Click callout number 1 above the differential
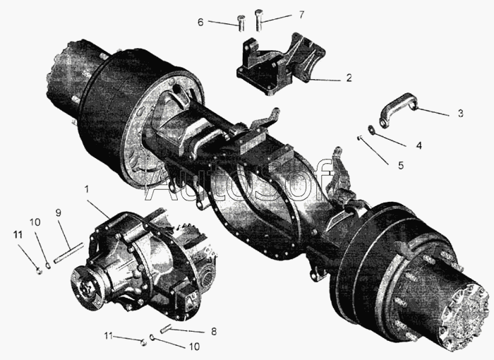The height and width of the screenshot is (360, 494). click(x=86, y=189)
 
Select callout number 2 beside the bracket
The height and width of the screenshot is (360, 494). click(x=349, y=78)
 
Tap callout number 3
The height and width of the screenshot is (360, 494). click(x=460, y=113)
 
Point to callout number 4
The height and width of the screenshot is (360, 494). click(x=418, y=145)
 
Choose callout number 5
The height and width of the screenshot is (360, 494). click(x=401, y=165)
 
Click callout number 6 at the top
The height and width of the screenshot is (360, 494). click(x=200, y=23)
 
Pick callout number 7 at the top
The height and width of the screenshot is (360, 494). click(x=301, y=15)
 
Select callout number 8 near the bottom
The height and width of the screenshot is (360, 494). click(x=214, y=331)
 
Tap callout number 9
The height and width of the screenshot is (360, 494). click(x=59, y=212)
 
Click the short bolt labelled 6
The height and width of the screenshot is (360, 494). click(x=241, y=23)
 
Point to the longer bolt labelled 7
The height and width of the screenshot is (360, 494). click(x=258, y=20)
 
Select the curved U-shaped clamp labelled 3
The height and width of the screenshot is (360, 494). click(x=397, y=109)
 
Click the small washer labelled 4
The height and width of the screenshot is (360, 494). click(x=371, y=130)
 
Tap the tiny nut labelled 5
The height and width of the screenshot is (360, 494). click(x=359, y=138)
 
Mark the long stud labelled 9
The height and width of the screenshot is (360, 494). click(x=68, y=253)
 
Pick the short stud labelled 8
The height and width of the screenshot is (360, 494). click(x=166, y=329)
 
